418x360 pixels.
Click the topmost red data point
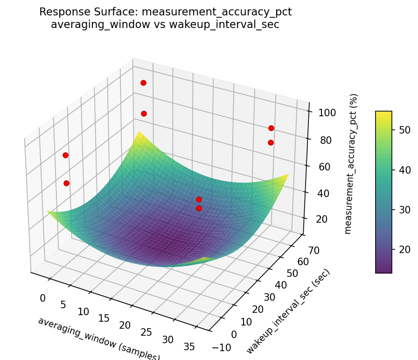[143, 83]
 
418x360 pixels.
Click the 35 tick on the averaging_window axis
[189, 346]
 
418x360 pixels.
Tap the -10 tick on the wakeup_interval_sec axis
[221, 346]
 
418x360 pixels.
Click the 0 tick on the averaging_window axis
[43, 298]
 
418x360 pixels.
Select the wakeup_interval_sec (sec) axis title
[288, 311]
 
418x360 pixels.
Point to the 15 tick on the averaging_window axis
[104, 318]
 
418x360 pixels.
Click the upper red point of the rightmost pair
[271, 128]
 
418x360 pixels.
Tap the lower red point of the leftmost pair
[66, 183]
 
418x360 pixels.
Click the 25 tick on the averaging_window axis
[146, 332]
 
